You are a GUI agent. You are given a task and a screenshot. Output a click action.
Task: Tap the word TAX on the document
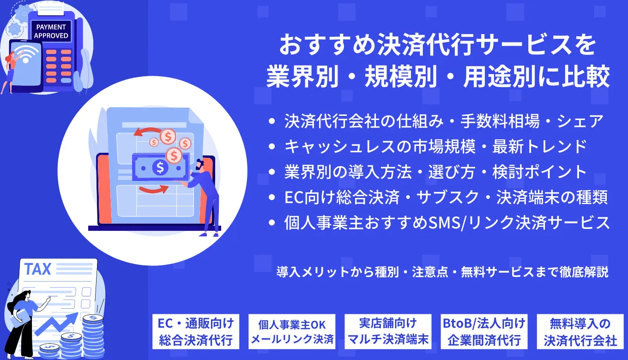tap(37, 269)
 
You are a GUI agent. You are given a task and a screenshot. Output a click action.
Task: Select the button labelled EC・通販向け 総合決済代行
tap(196, 331)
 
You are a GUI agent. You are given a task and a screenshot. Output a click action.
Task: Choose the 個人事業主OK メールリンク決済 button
tap(292, 332)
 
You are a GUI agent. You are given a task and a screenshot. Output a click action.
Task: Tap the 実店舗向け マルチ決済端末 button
tap(388, 331)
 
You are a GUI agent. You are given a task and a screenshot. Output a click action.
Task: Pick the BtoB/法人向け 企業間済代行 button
tap(483, 331)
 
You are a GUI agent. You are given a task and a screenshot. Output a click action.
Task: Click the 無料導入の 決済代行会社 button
tap(580, 331)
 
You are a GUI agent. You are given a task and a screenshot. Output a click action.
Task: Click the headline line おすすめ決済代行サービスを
tap(437, 48)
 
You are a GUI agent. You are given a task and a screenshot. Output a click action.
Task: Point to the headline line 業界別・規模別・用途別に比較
tap(438, 77)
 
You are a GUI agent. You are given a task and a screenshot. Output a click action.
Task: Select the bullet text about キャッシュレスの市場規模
tap(435, 146)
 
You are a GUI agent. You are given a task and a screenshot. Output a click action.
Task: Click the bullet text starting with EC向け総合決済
tap(446, 198)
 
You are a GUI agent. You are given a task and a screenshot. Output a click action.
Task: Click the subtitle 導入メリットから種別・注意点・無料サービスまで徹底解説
tap(442, 272)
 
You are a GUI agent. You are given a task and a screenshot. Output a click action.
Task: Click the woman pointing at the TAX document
tap(23, 318)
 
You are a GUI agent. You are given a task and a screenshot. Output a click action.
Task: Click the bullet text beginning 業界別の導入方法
tap(435, 172)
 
